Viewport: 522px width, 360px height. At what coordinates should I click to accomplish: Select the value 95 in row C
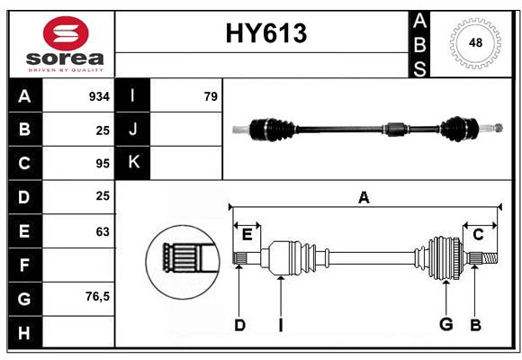pos(102,164)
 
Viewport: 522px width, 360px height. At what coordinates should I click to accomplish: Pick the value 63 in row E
pos(102,231)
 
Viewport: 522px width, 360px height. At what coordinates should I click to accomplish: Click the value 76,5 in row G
pos(97,296)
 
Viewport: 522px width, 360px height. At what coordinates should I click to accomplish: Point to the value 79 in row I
pos(210,96)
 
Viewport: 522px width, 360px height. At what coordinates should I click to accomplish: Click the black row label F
pos(24,265)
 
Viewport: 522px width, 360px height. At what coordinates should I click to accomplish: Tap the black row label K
pos(133,162)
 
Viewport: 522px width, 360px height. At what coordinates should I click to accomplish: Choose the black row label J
pos(133,130)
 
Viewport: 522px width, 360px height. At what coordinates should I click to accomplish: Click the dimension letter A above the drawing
pos(364,198)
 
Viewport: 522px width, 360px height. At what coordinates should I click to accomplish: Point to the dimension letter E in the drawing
pos(247,235)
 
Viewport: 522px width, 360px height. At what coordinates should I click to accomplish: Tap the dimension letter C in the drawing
pos(478,235)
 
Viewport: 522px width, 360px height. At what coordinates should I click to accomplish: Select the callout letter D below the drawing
pos(239,325)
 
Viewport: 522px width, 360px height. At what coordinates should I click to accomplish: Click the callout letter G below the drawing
pos(445,325)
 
